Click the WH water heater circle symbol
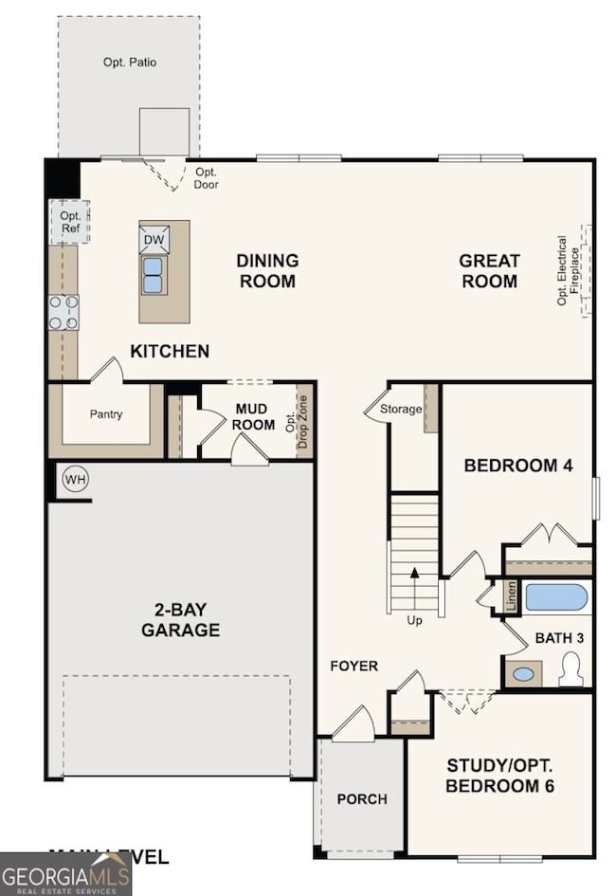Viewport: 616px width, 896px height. click(75, 480)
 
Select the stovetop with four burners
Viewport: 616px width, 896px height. click(64, 311)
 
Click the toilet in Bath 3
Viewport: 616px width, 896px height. click(570, 669)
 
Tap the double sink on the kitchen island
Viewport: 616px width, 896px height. click(153, 274)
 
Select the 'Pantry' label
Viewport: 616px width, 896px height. click(106, 414)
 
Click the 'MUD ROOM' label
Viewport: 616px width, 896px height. click(254, 417)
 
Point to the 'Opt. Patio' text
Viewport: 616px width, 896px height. click(130, 63)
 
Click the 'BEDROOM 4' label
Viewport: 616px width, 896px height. click(516, 466)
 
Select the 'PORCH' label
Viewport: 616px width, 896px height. click(362, 799)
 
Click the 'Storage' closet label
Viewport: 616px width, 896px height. click(400, 410)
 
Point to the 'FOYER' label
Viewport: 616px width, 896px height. click(353, 666)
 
